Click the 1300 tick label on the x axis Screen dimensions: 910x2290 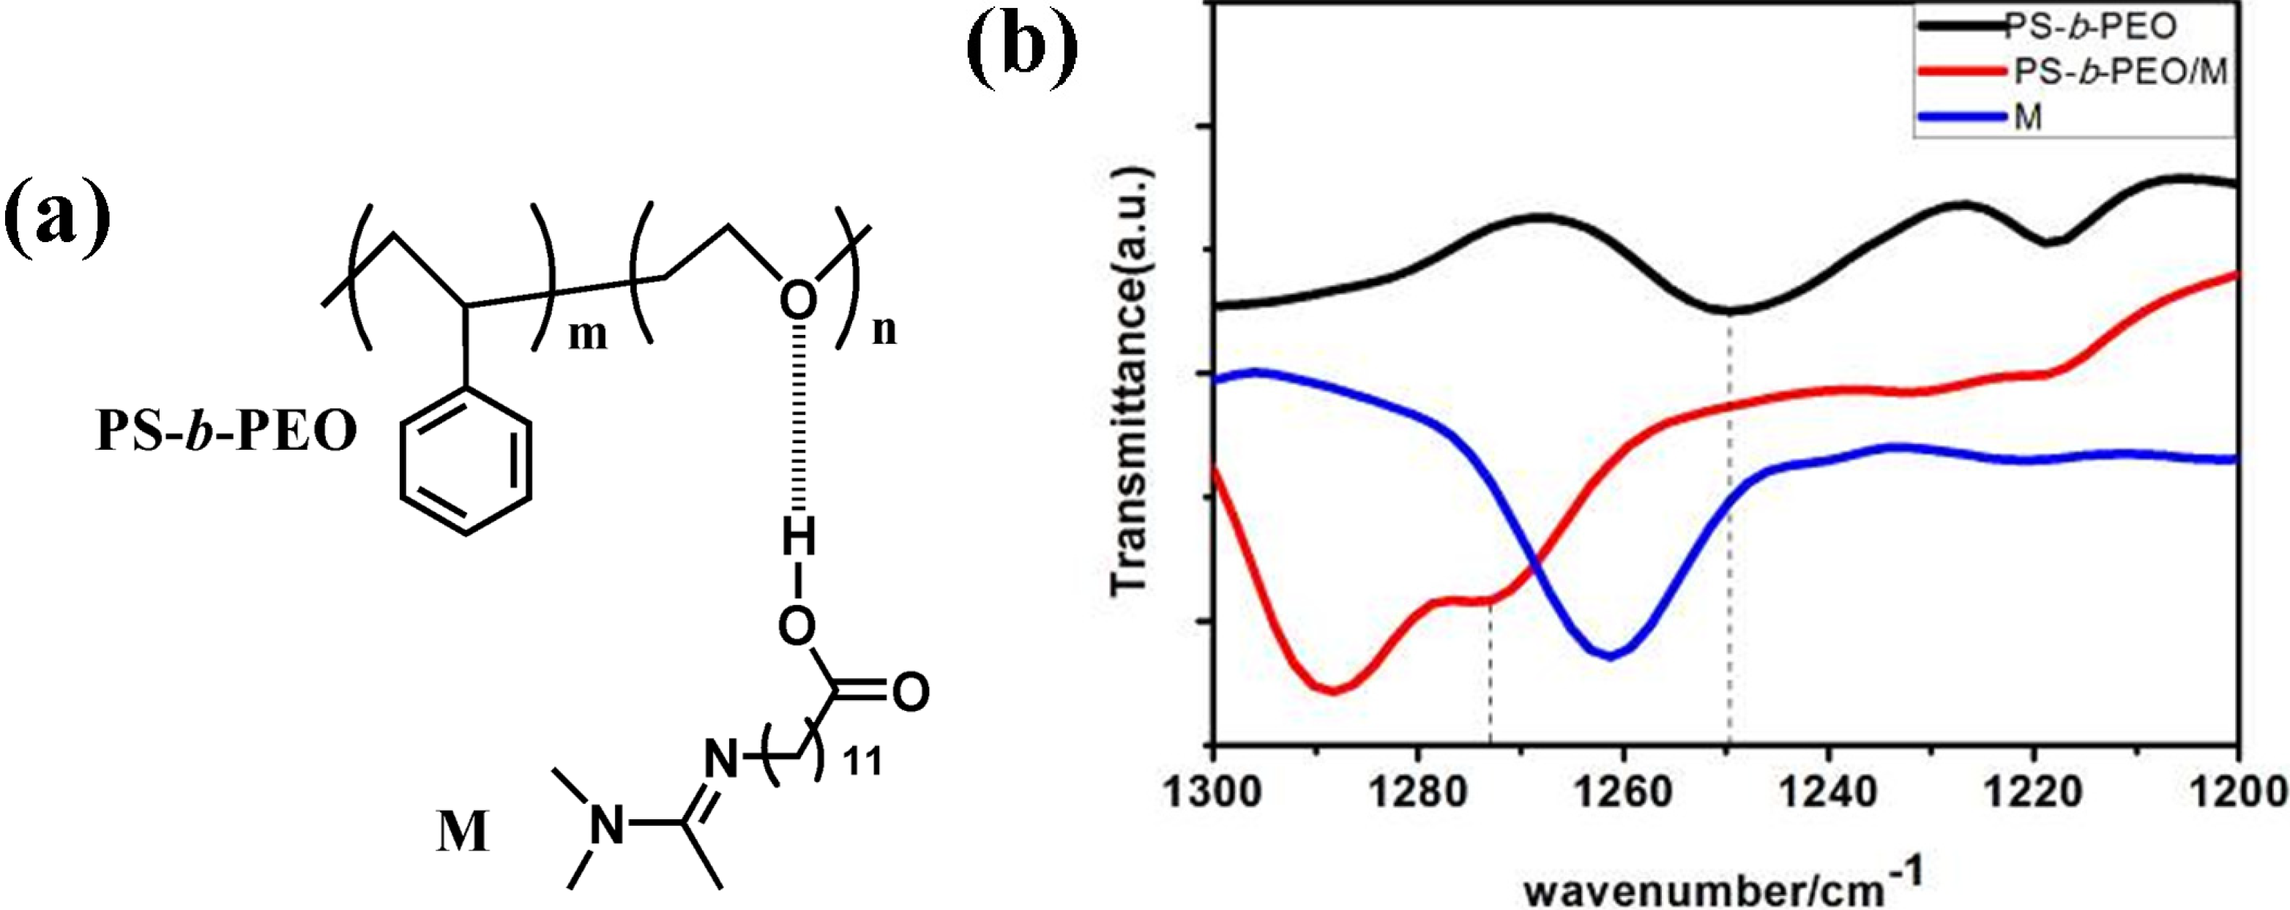pos(1212,790)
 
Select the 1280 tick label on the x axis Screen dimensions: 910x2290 pos(1419,790)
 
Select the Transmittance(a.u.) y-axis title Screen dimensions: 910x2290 pos(1132,382)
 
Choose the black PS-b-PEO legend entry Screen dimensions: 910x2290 pos(2089,26)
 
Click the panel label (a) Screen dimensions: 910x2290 pos(57,219)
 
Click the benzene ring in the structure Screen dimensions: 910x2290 pos(466,462)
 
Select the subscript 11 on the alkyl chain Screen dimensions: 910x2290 pos(862,762)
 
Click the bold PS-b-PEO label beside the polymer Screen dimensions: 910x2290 pos(227,433)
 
